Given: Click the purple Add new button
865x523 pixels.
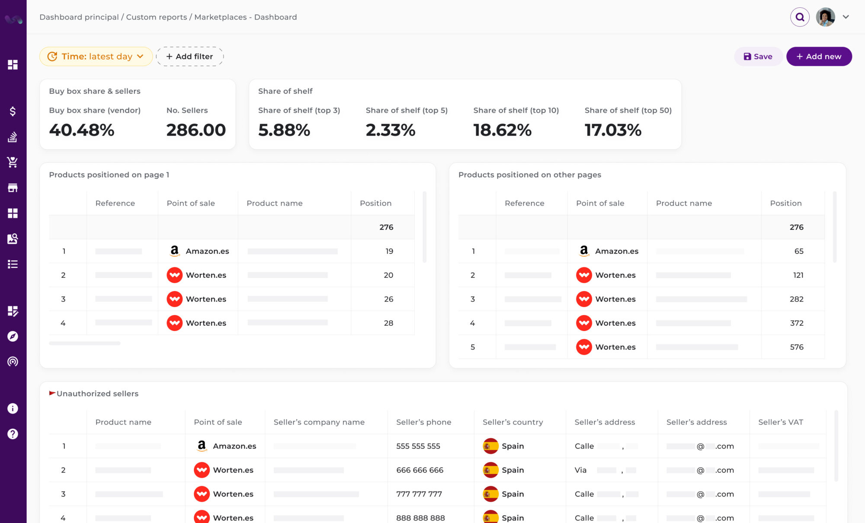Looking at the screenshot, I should coord(819,57).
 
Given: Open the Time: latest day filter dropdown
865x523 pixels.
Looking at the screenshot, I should coord(96,57).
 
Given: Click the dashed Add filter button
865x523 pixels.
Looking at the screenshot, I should coord(189,57).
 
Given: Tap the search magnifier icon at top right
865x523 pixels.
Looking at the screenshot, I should coord(800,17).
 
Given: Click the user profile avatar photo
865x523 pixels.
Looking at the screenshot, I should coord(825,17).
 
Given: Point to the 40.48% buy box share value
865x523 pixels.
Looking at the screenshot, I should coord(82,130).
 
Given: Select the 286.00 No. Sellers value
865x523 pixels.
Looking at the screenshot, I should coord(196,130).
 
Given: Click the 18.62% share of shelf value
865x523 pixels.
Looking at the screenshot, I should coord(502,130).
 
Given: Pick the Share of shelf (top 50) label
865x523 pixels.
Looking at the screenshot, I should coord(628,110).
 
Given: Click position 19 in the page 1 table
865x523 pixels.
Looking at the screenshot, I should coord(389,251).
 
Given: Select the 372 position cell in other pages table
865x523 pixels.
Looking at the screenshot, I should coord(796,323).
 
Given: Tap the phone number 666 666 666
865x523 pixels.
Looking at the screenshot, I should coord(420,470).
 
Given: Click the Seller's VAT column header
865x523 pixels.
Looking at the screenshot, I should coord(780,422).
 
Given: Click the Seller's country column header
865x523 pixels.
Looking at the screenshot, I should coord(513,422).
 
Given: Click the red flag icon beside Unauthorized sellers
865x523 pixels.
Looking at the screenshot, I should coord(52,393).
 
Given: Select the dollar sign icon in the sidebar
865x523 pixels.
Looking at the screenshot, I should coord(13,112).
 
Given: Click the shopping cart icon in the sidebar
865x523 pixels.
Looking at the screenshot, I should coord(13,162).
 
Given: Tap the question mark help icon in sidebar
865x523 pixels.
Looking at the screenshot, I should coord(13,434).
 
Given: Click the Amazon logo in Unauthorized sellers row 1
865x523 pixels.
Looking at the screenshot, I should coord(202,446).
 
